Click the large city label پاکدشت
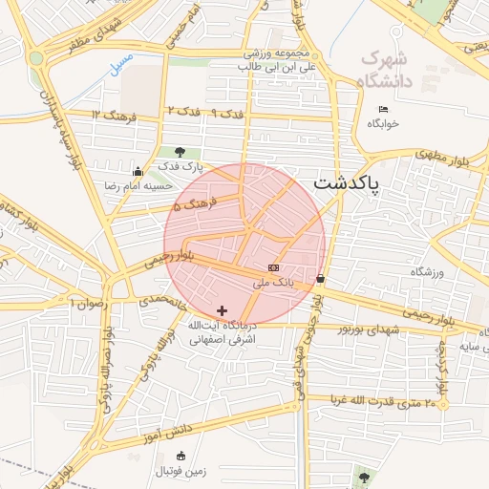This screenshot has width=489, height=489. (346, 181)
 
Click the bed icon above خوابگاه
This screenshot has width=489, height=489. (384, 109)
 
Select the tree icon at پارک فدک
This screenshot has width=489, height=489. (180, 152)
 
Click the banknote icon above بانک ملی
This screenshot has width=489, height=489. (274, 267)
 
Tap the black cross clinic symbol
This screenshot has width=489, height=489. (223, 310)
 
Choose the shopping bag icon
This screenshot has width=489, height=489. (319, 279)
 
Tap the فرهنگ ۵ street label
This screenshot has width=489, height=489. (197, 202)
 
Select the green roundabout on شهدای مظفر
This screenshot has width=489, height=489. (36, 57)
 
